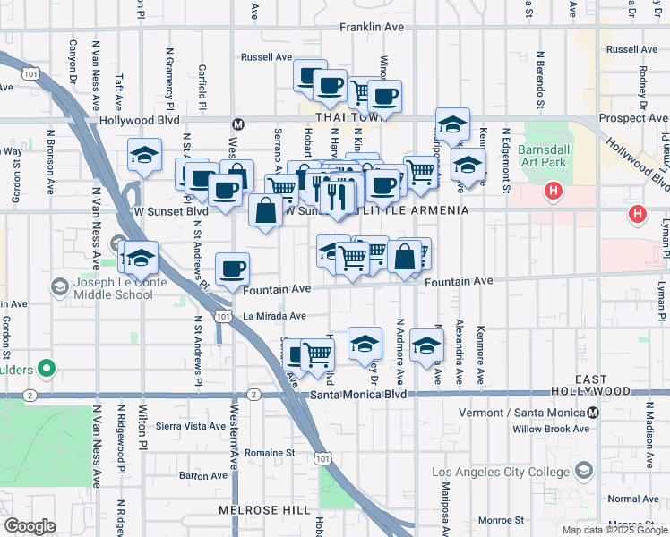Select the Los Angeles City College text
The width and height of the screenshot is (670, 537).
click(499, 472)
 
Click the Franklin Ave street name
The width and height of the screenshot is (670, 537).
click(372, 28)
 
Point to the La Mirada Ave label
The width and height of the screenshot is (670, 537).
click(275, 316)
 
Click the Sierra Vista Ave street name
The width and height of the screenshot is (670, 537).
click(191, 427)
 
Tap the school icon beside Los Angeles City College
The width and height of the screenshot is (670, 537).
click(585, 471)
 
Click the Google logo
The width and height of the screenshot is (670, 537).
click(30, 526)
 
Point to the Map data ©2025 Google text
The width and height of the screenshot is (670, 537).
click(614, 530)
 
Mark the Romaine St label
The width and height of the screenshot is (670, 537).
click(265, 453)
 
